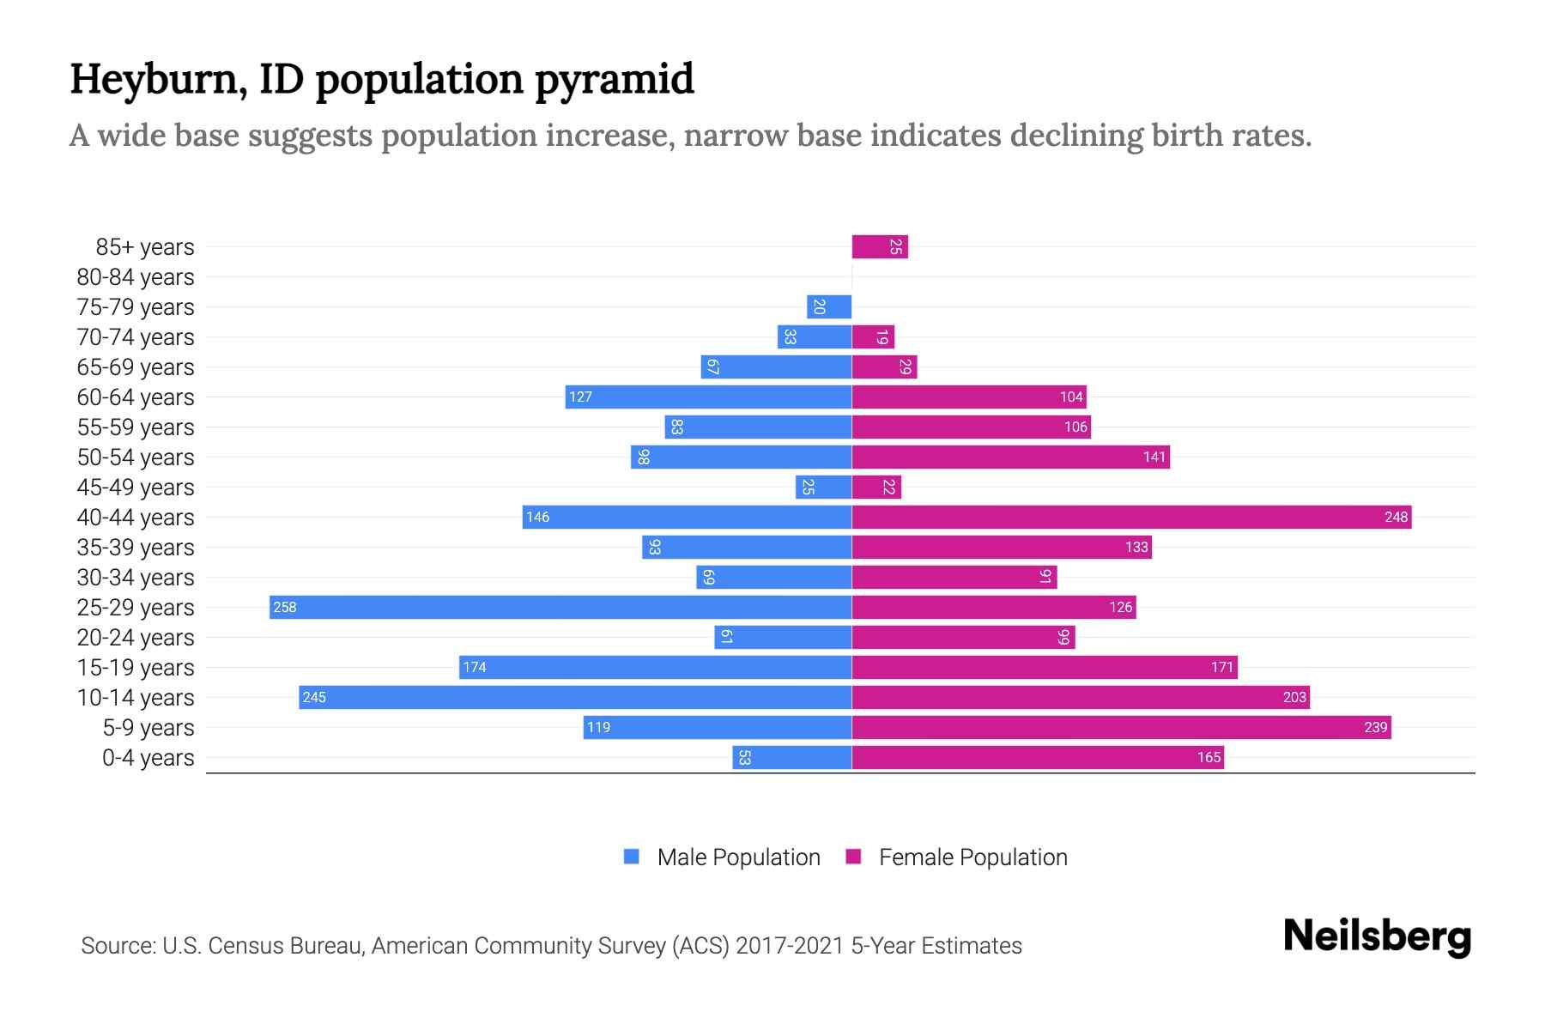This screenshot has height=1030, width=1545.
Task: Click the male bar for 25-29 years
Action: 560,607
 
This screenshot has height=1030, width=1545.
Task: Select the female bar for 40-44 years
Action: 1131,517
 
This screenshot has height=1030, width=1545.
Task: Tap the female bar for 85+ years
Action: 880,246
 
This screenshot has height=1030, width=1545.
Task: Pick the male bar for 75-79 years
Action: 829,306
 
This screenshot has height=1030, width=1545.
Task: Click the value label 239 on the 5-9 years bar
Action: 1375,727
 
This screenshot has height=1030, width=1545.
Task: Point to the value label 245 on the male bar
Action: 314,697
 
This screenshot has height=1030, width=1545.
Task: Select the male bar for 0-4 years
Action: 791,757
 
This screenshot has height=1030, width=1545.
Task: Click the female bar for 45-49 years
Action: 876,487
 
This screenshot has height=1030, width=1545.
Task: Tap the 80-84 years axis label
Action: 136,277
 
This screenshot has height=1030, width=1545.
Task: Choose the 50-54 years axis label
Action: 136,457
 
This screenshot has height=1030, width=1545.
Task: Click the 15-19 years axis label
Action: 136,668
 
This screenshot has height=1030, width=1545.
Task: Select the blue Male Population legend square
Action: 632,857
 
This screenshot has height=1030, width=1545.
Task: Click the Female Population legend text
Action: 972,857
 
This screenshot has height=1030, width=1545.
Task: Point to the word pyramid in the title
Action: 615,80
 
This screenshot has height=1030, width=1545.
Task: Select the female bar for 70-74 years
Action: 873,336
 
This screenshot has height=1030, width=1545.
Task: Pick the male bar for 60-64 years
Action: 708,397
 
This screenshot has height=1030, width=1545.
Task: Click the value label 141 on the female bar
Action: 1154,457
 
